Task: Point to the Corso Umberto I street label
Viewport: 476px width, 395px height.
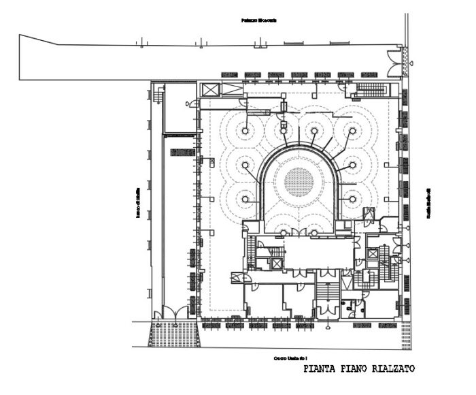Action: click(290, 357)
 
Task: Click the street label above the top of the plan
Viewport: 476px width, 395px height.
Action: click(259, 20)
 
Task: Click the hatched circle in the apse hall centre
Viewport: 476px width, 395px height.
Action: click(299, 182)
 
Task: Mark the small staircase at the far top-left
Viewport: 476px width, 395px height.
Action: click(158, 96)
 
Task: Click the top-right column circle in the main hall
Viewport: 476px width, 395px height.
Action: click(353, 129)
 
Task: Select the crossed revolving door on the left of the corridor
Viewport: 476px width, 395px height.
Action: click(237, 277)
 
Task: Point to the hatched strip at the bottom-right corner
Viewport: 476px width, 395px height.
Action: click(405, 334)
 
